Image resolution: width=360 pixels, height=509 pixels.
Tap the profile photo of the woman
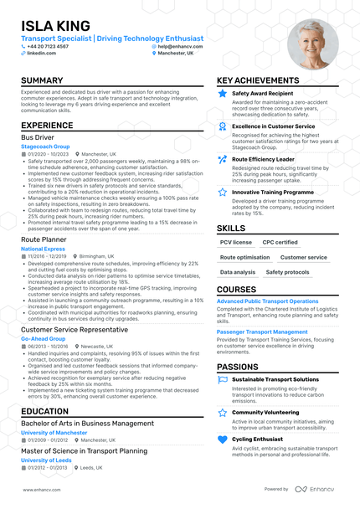click(x=312, y=44)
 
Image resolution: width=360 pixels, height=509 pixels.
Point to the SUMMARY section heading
click(x=42, y=81)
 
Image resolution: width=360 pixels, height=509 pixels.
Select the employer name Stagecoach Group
click(x=46, y=146)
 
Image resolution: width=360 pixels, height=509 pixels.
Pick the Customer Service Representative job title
click(x=75, y=329)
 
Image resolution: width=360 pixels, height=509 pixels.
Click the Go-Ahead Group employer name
click(x=44, y=338)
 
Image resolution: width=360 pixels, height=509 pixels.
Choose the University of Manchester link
click(x=54, y=432)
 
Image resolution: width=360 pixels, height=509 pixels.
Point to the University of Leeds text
click(x=46, y=460)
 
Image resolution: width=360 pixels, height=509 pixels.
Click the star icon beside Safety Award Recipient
click(x=222, y=94)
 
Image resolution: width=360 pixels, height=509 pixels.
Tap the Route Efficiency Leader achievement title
click(x=263, y=159)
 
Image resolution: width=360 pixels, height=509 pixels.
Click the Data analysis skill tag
click(x=238, y=272)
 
